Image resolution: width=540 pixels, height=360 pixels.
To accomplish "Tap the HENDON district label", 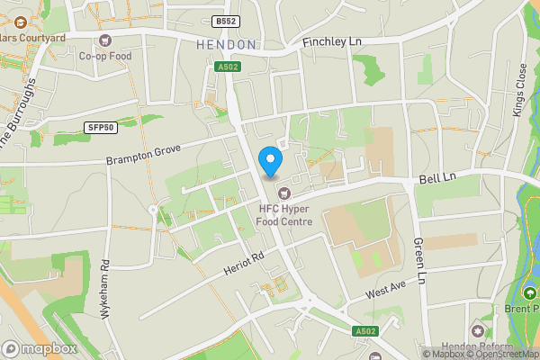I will [225, 44].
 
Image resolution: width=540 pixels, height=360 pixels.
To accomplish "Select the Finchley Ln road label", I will [332, 42].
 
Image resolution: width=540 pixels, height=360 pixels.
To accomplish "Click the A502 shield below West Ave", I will [364, 330].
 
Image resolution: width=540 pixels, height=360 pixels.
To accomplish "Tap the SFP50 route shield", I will [100, 128].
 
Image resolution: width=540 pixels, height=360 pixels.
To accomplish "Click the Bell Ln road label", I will [437, 180].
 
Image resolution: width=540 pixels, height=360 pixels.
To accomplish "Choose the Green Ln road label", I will [418, 256].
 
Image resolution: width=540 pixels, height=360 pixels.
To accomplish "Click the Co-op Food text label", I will [105, 56].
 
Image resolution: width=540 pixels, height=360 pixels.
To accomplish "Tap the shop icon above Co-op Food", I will [106, 40].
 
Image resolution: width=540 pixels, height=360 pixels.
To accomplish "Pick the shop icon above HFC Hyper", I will [284, 192].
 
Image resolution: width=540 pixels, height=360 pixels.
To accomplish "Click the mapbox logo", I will [39, 348].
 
